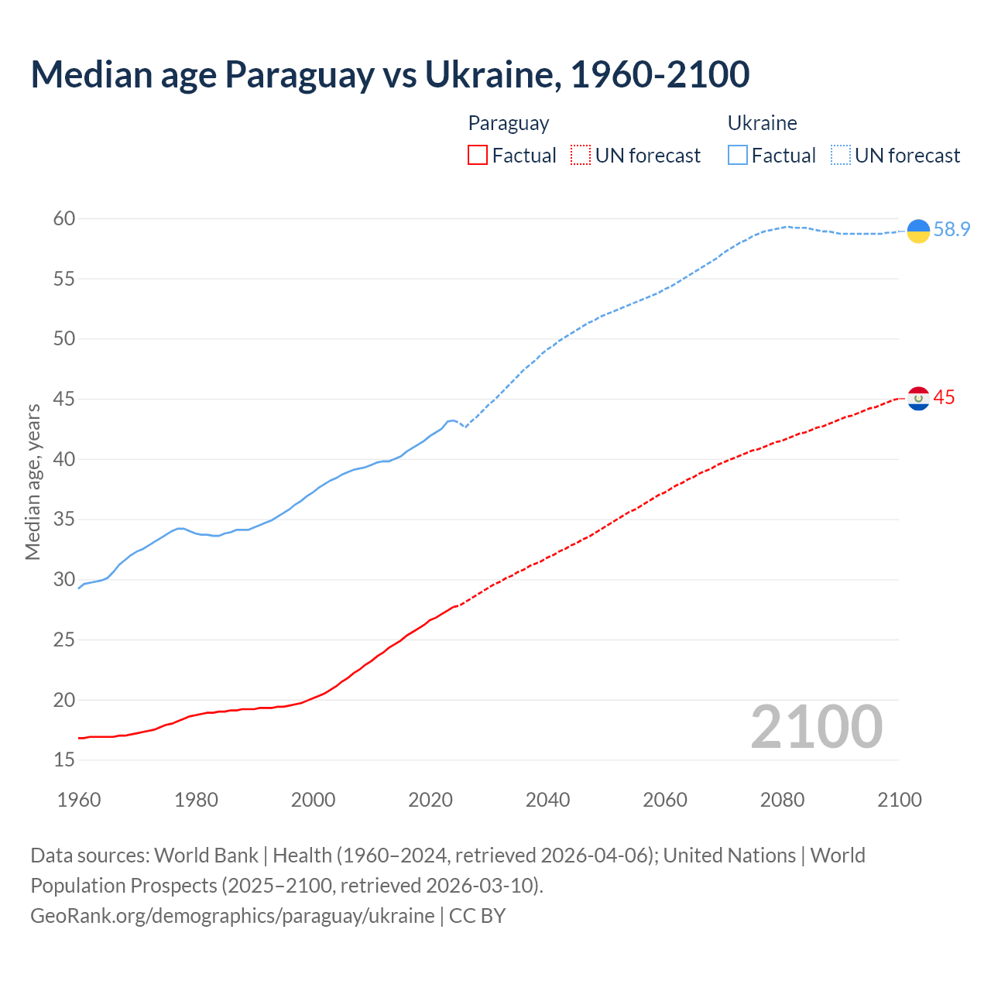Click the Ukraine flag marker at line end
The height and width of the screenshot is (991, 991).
click(x=918, y=231)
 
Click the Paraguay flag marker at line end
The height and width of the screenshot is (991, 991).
click(x=918, y=399)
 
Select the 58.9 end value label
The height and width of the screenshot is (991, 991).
click(x=952, y=230)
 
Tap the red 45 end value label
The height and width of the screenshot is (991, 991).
click(x=944, y=398)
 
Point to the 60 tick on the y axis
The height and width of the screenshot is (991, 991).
click(x=64, y=219)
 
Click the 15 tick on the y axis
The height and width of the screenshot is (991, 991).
click(x=64, y=760)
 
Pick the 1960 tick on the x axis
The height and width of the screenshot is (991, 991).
click(x=79, y=800)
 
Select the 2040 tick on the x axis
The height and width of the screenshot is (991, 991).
click(x=547, y=800)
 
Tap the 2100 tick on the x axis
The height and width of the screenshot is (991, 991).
click(x=899, y=800)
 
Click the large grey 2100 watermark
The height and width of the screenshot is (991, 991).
click(x=816, y=727)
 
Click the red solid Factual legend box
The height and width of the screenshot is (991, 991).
click(x=478, y=156)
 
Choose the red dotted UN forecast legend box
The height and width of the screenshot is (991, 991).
click(x=581, y=156)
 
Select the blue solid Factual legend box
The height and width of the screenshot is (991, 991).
click(x=738, y=156)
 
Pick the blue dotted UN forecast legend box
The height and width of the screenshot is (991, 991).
click(x=841, y=156)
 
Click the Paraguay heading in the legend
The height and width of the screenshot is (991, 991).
click(x=509, y=123)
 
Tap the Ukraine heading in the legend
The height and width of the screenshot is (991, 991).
click(x=762, y=123)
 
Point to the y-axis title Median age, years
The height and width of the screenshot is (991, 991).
click(x=33, y=482)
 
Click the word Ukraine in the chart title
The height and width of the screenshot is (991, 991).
click(x=491, y=74)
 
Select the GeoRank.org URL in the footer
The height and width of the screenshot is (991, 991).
click(x=232, y=916)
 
